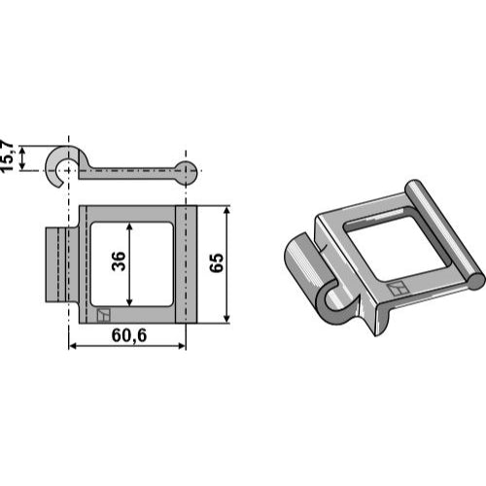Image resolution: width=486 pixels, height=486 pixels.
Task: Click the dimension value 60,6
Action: pos(129,335)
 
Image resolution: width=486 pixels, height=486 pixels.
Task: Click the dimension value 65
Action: pos(217,262)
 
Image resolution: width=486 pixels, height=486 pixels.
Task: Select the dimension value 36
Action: pos(119,260)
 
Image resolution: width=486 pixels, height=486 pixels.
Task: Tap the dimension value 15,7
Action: pos(7,156)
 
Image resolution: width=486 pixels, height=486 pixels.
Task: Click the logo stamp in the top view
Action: pos(104,315)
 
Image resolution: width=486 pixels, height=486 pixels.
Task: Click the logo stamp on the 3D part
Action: pos(397,288)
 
